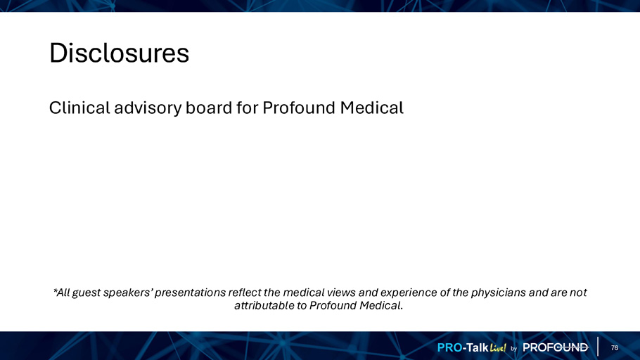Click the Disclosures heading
point(119,53)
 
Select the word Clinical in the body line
point(79,108)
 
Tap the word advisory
point(148,108)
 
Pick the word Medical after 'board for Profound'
point(372,108)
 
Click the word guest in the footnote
point(86,293)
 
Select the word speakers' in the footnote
point(127,293)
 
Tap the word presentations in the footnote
point(190,293)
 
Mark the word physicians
point(499,293)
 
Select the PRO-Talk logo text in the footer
point(463,348)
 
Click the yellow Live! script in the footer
point(498,348)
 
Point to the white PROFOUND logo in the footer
point(556,348)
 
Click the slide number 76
point(615,348)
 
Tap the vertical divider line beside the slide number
point(598,347)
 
